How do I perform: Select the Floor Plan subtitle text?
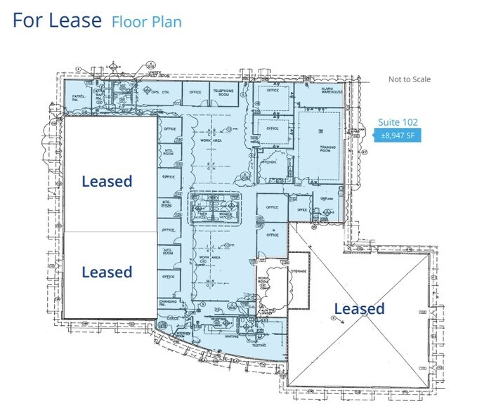146,22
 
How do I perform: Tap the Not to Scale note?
410,79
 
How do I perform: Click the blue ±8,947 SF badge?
398,136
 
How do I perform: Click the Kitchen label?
270,162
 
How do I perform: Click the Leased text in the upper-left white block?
107,181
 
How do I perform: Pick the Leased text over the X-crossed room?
359,308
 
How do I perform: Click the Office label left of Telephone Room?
195,92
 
